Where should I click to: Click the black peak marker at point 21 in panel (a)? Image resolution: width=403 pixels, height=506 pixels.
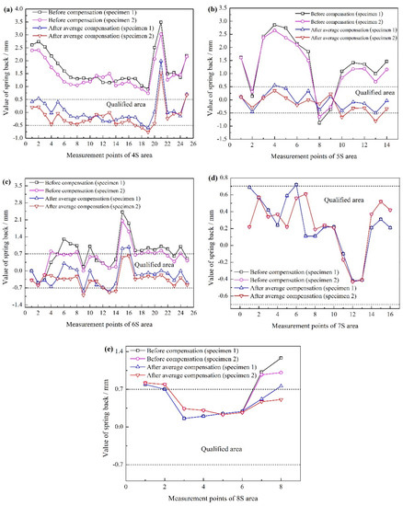(161, 22)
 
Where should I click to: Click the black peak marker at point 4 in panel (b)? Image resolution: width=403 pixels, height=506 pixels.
(274, 26)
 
